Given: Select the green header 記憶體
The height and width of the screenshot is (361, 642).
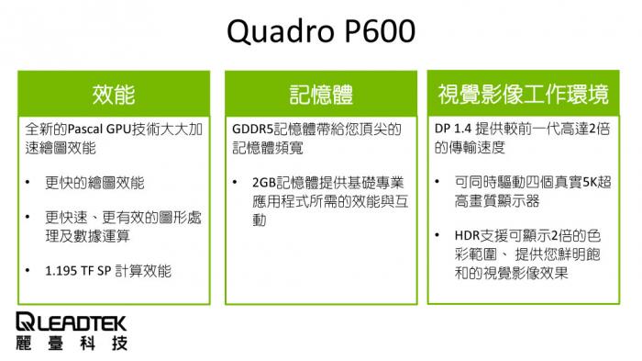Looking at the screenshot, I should (321, 94).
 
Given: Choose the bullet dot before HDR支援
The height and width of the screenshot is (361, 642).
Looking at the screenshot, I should (441, 234).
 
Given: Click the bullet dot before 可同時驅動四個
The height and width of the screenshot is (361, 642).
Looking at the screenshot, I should (441, 183).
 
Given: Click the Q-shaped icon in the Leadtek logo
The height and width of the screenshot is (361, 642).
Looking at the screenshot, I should (25, 322).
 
